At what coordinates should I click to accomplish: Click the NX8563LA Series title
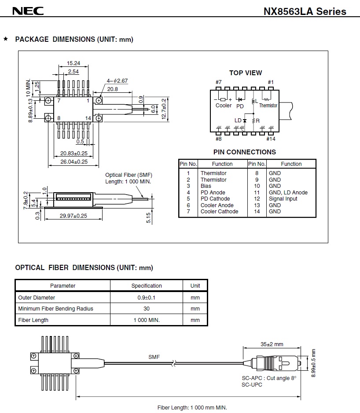305,12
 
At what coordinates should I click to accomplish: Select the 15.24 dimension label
73,63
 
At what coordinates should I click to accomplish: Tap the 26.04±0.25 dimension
74,162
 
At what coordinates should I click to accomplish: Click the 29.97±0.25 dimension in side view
74,216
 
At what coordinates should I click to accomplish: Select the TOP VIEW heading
245,73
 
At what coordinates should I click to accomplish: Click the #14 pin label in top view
271,139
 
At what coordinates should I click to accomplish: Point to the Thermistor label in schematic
268,106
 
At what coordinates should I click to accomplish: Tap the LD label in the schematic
238,120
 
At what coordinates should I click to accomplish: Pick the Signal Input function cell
283,199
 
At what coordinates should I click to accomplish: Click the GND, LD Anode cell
288,193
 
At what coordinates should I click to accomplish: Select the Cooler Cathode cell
219,212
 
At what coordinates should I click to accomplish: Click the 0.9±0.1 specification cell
147,298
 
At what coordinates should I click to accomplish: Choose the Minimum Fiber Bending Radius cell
55,309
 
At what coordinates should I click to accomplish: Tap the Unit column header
195,286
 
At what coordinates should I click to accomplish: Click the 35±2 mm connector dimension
272,344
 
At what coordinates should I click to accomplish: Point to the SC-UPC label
252,385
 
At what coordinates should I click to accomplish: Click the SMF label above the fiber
154,357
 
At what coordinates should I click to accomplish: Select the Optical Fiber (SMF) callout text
129,175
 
